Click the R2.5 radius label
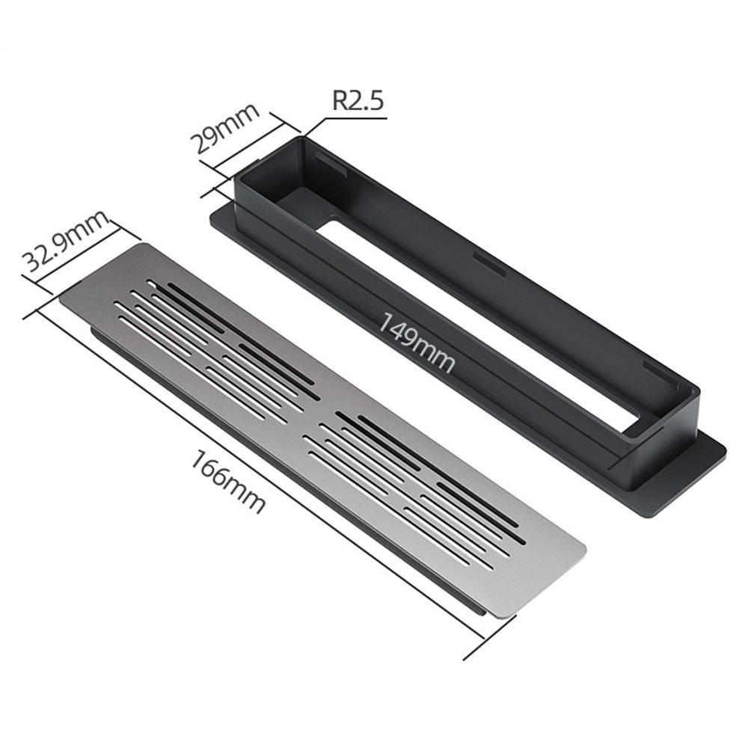358,101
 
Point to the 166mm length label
227,482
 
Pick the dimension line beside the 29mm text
248,145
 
